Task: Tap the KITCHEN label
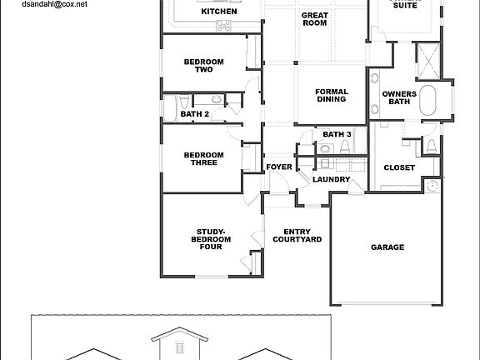(x=219, y=12)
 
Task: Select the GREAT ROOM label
(x=315, y=19)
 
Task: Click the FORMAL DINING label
(x=331, y=95)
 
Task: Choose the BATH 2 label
(x=195, y=114)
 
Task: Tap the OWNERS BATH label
(x=399, y=98)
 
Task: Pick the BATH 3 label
(x=337, y=134)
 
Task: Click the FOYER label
(x=279, y=167)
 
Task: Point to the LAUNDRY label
(x=331, y=179)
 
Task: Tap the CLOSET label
(x=399, y=167)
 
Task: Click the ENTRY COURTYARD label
(x=297, y=236)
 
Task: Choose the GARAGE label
(x=387, y=247)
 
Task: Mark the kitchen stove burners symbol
(x=224, y=27)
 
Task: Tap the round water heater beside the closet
(x=432, y=186)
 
